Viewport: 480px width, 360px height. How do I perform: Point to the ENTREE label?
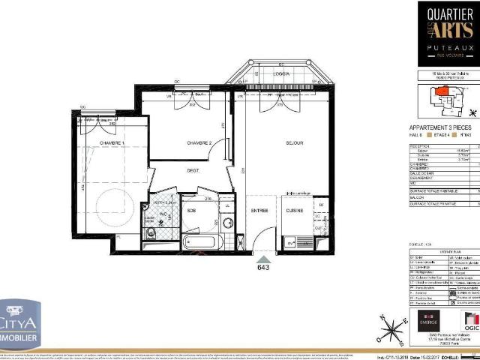(259, 211)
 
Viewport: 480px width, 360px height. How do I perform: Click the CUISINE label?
(294, 211)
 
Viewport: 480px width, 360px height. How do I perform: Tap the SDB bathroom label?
(192, 210)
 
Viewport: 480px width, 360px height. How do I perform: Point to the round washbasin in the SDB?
(227, 222)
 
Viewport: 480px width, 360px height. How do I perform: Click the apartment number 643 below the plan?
(262, 266)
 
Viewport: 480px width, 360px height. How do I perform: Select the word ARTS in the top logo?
(449, 29)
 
